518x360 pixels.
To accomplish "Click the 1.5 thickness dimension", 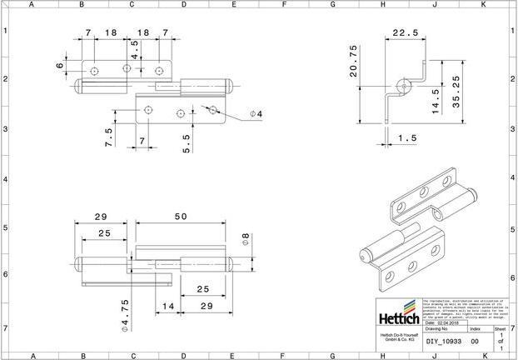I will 406,137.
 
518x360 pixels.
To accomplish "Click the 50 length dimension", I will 181,217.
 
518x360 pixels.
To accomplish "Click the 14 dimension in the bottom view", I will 168,307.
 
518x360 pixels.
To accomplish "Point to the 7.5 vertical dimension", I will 108,137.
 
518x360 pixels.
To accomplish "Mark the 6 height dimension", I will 60,65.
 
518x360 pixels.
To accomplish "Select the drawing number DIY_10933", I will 442,341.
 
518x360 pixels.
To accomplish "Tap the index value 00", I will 475,341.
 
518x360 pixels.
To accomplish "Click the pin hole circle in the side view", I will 404,85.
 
